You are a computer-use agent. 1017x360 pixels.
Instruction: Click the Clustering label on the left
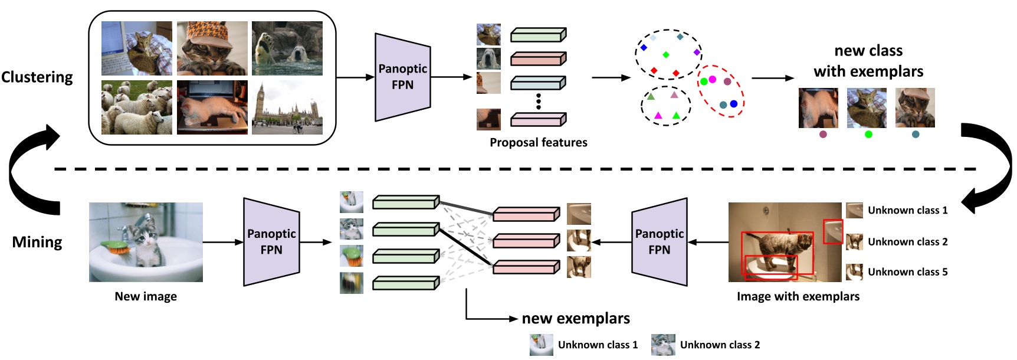pos(37,77)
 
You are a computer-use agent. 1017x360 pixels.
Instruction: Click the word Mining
pos(37,242)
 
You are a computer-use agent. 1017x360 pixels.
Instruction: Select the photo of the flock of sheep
pos(137,107)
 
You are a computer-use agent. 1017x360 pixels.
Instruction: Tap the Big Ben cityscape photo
pos(287,107)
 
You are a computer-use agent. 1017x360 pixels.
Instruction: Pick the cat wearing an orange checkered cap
pos(212,48)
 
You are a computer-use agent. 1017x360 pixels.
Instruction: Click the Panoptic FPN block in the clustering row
pos(403,77)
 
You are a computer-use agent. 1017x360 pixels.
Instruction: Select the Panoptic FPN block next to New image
pos(271,242)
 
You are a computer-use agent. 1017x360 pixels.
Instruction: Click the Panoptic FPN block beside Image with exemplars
pos(660,242)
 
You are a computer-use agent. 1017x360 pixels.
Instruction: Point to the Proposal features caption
pos(538,142)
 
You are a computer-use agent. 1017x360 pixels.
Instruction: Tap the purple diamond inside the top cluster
pos(697,53)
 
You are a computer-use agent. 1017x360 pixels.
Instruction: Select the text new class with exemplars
pos(868,61)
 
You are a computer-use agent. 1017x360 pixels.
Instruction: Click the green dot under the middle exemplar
pos(868,135)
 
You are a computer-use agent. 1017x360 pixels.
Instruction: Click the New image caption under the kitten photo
pos(146,296)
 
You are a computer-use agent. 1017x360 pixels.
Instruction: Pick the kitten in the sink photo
pos(146,242)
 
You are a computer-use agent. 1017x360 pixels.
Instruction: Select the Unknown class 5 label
pos(907,272)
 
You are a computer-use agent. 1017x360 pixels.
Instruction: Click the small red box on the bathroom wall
pos(833,231)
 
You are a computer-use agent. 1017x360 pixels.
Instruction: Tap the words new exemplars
pos(576,319)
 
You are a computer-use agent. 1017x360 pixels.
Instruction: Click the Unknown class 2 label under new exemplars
pos(720,345)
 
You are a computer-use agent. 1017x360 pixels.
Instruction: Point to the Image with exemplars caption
pos(798,296)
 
